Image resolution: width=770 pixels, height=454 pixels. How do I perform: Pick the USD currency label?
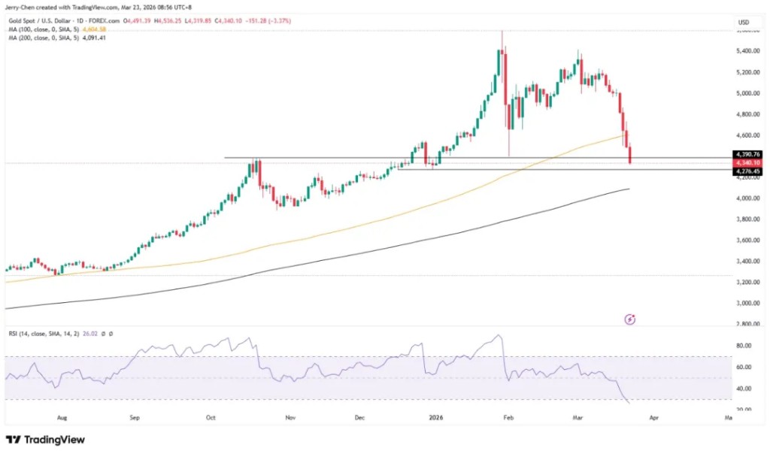point(744,23)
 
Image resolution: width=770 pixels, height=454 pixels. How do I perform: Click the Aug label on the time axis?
point(62,415)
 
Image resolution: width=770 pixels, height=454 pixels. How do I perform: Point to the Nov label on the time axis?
point(289,415)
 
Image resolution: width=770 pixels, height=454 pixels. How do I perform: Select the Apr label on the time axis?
point(653,415)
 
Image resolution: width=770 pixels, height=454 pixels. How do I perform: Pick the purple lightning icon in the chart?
point(630,319)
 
